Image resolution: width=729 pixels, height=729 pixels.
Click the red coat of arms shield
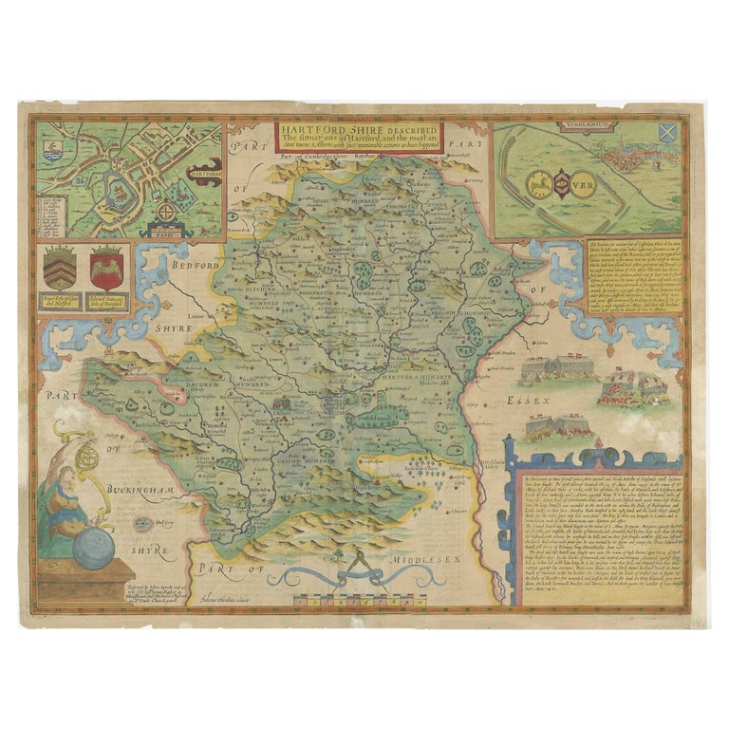click(105, 272)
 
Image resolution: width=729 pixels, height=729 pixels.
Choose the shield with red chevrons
click(60, 271)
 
